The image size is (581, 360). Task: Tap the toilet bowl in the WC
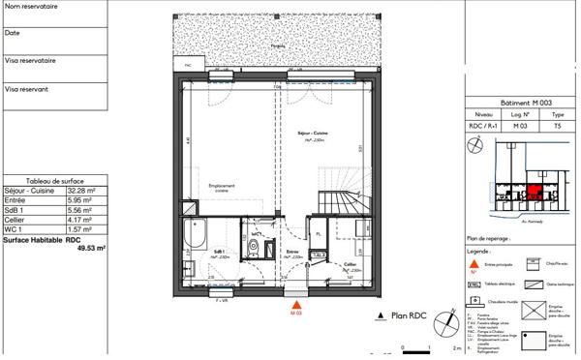coord(254,249)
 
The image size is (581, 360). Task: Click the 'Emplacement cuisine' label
coord(220,189)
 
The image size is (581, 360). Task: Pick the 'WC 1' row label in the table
coord(15,229)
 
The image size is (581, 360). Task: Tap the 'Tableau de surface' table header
coord(56,181)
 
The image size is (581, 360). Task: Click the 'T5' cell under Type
coord(558,125)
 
